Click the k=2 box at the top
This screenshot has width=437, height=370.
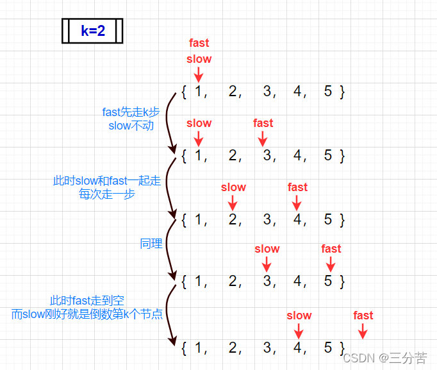coord(93,31)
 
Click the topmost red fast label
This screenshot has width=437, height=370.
coord(199,43)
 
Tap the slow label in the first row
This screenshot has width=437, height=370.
coord(199,59)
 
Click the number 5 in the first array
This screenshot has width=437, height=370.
coord(328,91)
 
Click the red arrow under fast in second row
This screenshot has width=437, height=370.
coord(263,138)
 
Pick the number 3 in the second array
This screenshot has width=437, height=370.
coord(267,155)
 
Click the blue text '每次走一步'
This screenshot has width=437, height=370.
coord(107,194)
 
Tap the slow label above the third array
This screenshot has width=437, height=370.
coord(233,187)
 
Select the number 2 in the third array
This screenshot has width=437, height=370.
coord(233,219)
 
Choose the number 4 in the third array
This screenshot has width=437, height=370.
coord(297,219)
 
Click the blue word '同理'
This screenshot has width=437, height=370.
coord(151,244)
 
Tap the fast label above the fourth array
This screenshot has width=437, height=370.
coord(331,249)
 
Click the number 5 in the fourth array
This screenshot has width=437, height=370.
coord(328,281)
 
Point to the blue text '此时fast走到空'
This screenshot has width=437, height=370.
coord(87,300)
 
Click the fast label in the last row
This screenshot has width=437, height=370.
coord(363,315)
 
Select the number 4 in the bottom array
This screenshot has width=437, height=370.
coord(297,348)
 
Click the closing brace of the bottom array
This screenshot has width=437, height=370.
coord(343,348)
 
